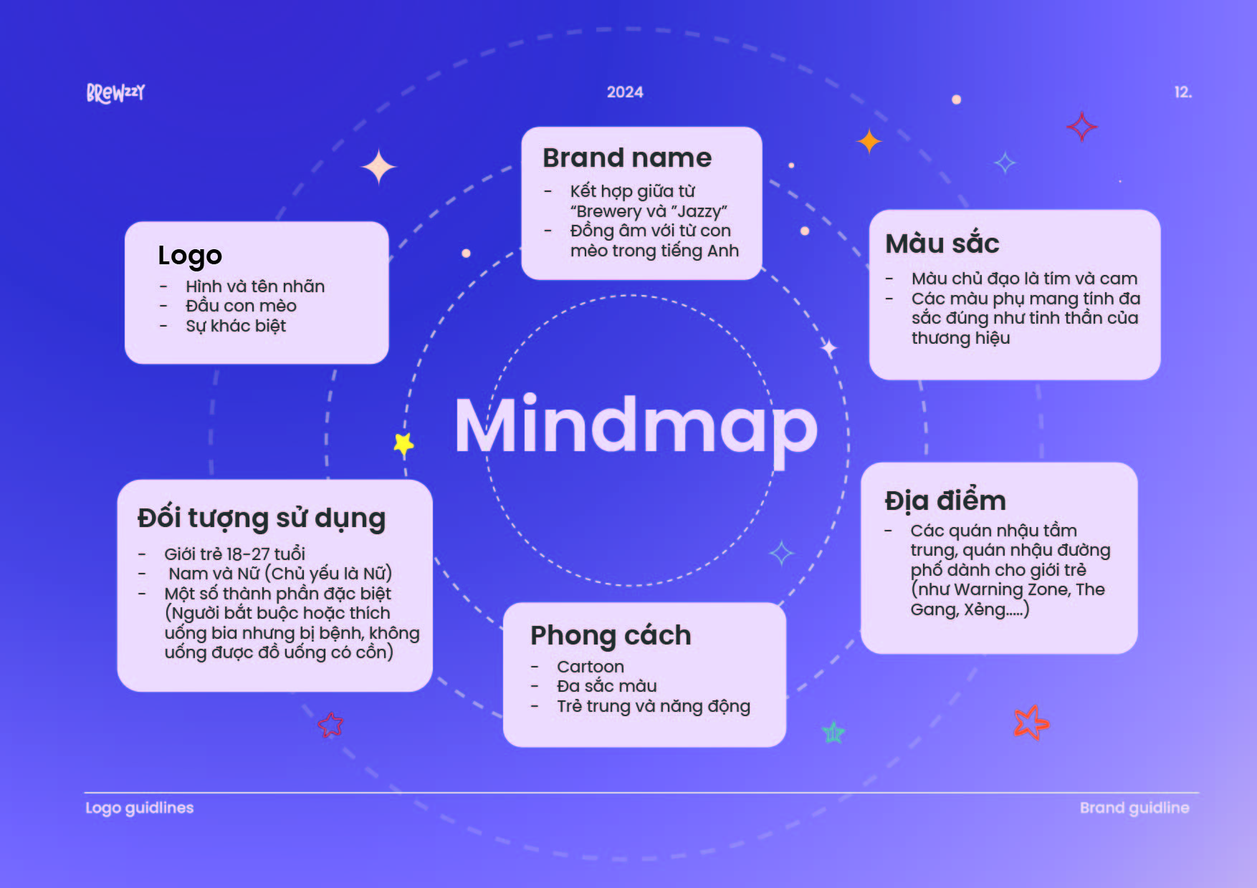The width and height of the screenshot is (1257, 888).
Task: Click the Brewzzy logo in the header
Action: (115, 93)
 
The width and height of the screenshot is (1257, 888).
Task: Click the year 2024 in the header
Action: (625, 92)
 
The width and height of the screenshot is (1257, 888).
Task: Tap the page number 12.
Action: (1182, 92)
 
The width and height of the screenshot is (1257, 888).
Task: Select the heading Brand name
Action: (627, 158)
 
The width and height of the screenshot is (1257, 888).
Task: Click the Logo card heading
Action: (190, 256)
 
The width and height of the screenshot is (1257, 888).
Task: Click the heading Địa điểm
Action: (945, 500)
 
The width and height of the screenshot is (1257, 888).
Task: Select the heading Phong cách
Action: (611, 636)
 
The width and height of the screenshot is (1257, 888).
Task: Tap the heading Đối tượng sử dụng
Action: (262, 518)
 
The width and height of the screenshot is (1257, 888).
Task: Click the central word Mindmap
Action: (636, 427)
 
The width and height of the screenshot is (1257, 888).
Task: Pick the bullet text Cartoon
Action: (591, 667)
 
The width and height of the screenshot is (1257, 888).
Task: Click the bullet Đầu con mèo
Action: (241, 306)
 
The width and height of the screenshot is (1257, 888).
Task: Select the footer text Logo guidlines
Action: (140, 808)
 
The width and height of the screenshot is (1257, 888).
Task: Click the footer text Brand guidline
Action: (1134, 808)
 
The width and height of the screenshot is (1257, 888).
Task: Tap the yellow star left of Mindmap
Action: (404, 444)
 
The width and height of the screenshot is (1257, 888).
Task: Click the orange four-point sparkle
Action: (869, 141)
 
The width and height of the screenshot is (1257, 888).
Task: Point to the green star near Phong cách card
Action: (833, 732)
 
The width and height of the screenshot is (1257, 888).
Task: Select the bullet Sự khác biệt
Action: (236, 326)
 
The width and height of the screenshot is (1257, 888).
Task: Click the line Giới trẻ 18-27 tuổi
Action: (235, 554)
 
